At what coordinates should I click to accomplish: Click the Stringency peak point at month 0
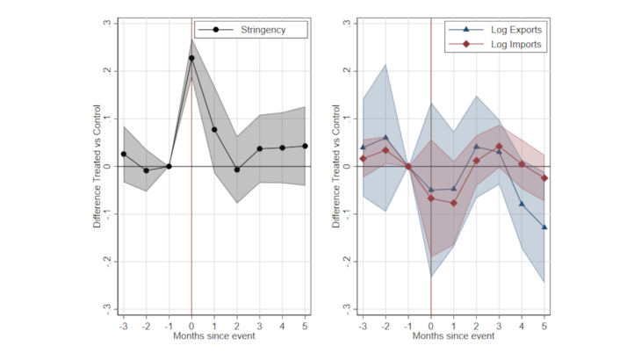coord(191,58)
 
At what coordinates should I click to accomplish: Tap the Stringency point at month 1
coord(214,130)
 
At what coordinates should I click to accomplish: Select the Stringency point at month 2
coord(237,169)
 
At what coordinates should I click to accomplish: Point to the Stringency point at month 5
coord(305,146)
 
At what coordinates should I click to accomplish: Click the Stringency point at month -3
coord(124,154)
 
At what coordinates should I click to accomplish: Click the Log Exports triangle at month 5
coord(544,227)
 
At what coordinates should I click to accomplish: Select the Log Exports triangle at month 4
coord(522,204)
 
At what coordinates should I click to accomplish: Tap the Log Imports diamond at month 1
coord(454,203)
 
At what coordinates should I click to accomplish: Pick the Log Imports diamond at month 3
coord(499,147)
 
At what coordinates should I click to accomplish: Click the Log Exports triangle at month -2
coord(385,137)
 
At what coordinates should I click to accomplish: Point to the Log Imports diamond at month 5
coord(544,178)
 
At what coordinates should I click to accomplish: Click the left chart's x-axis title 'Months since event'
coord(214,336)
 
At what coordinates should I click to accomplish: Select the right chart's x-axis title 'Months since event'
coord(453,336)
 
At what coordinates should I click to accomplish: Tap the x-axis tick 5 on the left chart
coord(305,324)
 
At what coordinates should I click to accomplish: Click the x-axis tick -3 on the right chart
coord(362,324)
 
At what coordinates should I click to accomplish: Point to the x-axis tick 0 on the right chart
coord(431,324)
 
